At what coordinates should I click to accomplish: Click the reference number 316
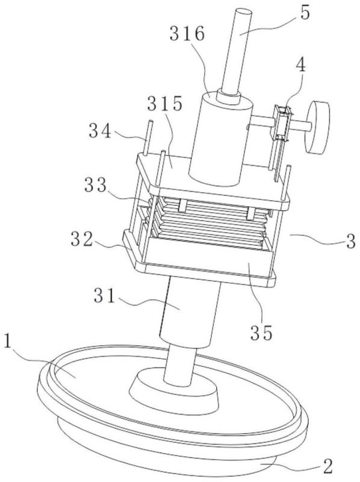pyautogui.click(x=187, y=34)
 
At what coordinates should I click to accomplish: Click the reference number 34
pyautogui.click(x=100, y=131)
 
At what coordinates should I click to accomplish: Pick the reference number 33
pyautogui.click(x=96, y=185)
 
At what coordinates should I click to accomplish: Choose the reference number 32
pyautogui.click(x=82, y=239)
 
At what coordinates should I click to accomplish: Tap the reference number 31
pyautogui.click(x=104, y=295)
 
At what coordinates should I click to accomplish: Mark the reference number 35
pyautogui.click(x=261, y=333)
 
